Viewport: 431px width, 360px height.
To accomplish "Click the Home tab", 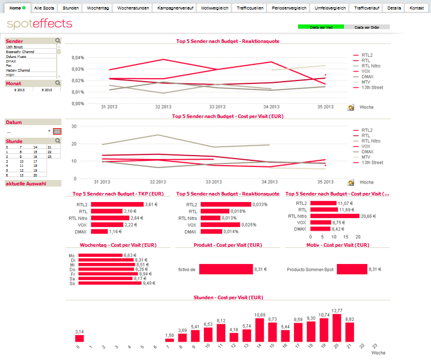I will (16, 8).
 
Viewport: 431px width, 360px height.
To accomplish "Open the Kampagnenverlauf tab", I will (175, 8).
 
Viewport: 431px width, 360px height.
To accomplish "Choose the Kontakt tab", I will (417, 8).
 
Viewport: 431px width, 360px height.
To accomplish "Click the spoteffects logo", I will (39, 24).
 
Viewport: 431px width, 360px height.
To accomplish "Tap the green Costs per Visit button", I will (321, 27).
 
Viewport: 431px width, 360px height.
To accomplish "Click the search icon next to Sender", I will (58, 41).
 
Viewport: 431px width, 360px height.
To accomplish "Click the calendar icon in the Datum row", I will (57, 131).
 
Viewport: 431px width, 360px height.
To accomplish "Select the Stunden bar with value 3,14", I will (79, 339).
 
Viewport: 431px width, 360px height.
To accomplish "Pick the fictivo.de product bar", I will (225, 269).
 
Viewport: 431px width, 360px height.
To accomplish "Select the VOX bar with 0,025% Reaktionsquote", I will (221, 225).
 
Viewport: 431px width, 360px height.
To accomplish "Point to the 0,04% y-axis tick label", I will (77, 58).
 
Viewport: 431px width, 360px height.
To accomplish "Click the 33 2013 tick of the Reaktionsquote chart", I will (216, 106).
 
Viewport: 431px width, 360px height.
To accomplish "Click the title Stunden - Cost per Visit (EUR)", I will (228, 297).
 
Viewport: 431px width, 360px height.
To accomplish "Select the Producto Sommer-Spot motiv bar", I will (351, 269).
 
